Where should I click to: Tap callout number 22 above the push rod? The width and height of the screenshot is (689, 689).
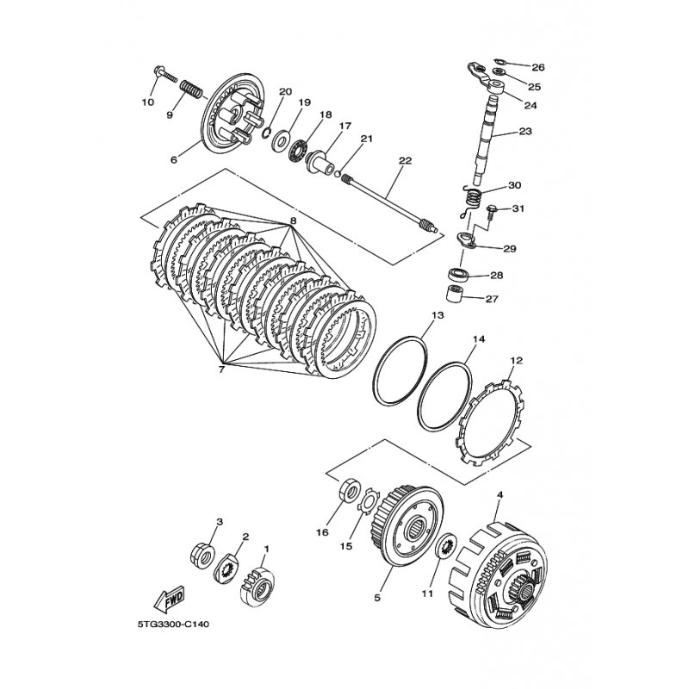pos(405,161)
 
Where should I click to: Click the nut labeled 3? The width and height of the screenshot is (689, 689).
pos(202,554)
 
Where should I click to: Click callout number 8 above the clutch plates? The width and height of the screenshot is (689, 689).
pos(293,220)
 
